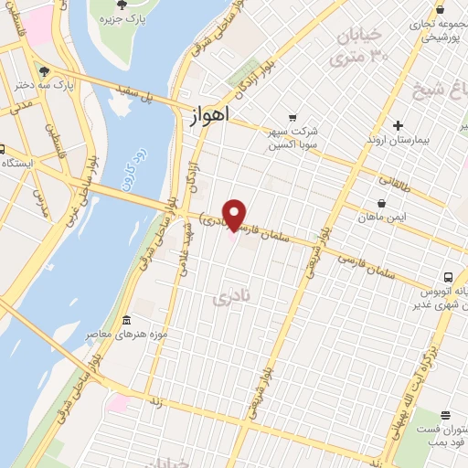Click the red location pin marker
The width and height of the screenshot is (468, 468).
coord(235,215)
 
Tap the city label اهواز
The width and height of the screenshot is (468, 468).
coord(210,116)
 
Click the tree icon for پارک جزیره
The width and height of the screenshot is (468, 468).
coord(122,6)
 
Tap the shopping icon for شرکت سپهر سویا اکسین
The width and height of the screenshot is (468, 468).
coord(292,117)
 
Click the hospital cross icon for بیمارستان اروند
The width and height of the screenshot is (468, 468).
coord(398,125)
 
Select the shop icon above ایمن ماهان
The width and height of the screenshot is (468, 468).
coord(382,204)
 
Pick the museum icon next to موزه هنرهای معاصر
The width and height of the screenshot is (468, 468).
coord(125,321)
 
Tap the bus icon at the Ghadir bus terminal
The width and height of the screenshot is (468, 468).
coord(448,276)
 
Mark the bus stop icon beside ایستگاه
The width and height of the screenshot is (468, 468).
coord(2,149)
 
